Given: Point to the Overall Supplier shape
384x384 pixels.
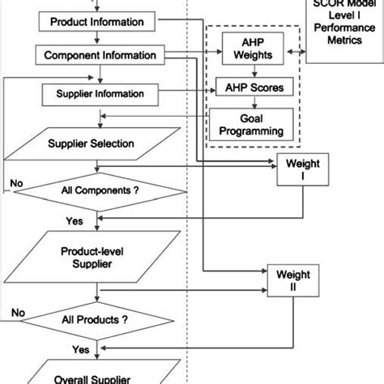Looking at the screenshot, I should (x=98, y=374).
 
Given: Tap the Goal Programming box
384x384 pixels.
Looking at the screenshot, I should (x=252, y=122).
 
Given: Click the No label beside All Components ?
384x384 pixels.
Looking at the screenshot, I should (x=15, y=184).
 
